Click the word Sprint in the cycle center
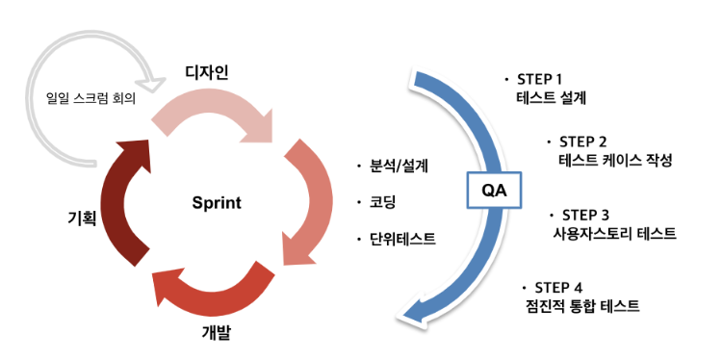click(217, 203)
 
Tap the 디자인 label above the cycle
click(207, 72)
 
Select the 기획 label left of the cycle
click(81, 218)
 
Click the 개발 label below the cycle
click(216, 332)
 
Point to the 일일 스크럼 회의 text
click(91, 99)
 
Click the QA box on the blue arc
click(494, 191)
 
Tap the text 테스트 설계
click(552, 98)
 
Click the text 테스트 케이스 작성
click(616, 160)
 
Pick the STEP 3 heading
click(585, 215)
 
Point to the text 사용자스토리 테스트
click(614, 233)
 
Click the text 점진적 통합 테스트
click(582, 306)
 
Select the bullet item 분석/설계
click(399, 166)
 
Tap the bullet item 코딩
click(382, 202)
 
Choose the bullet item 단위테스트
click(402, 239)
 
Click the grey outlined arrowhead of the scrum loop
click(153, 84)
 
